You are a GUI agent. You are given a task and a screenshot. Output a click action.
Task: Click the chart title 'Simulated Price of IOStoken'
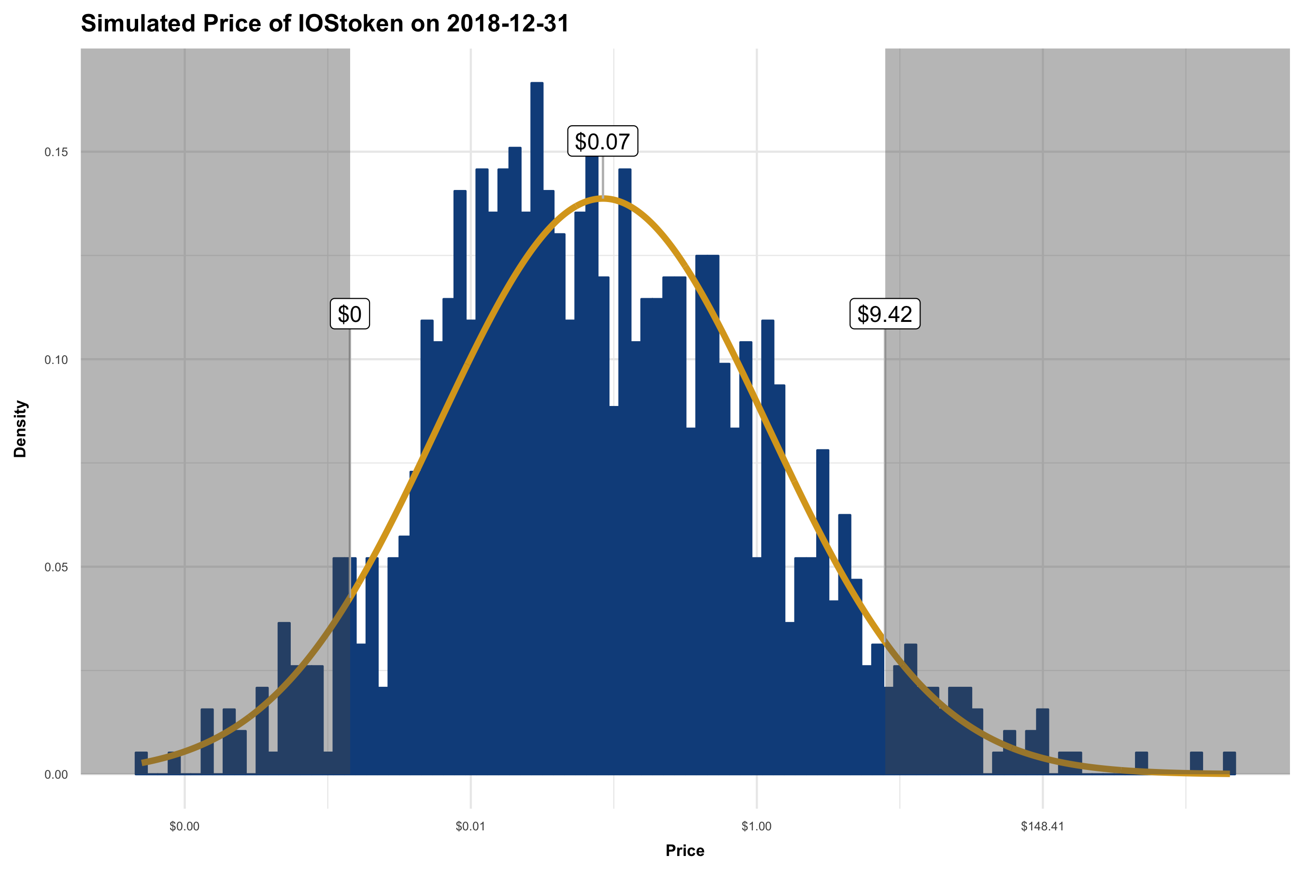coord(325,24)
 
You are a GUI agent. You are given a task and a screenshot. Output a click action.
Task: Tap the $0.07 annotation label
coord(602,142)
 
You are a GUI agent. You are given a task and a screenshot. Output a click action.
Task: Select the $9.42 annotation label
coord(884,314)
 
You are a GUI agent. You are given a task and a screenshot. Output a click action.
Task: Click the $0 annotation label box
coord(350,314)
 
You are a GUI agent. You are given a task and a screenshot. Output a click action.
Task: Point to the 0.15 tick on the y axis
coord(56,152)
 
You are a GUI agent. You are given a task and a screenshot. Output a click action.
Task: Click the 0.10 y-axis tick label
coord(56,360)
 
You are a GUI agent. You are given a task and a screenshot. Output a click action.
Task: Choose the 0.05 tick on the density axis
coord(56,567)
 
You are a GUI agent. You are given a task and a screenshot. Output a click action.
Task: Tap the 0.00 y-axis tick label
coord(56,775)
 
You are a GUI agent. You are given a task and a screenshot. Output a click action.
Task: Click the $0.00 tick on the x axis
coord(184,826)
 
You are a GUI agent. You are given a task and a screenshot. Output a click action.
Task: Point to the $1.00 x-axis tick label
coord(756,826)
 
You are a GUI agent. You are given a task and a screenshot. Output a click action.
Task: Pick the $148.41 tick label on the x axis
coord(1042,826)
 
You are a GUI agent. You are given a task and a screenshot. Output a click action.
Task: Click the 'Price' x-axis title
coord(685,851)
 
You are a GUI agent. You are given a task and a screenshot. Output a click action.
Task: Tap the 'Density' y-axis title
coord(20,429)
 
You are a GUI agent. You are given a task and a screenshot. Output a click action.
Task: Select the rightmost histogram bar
coord(1229,764)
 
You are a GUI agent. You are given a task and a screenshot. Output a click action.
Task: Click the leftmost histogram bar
coord(142,764)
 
